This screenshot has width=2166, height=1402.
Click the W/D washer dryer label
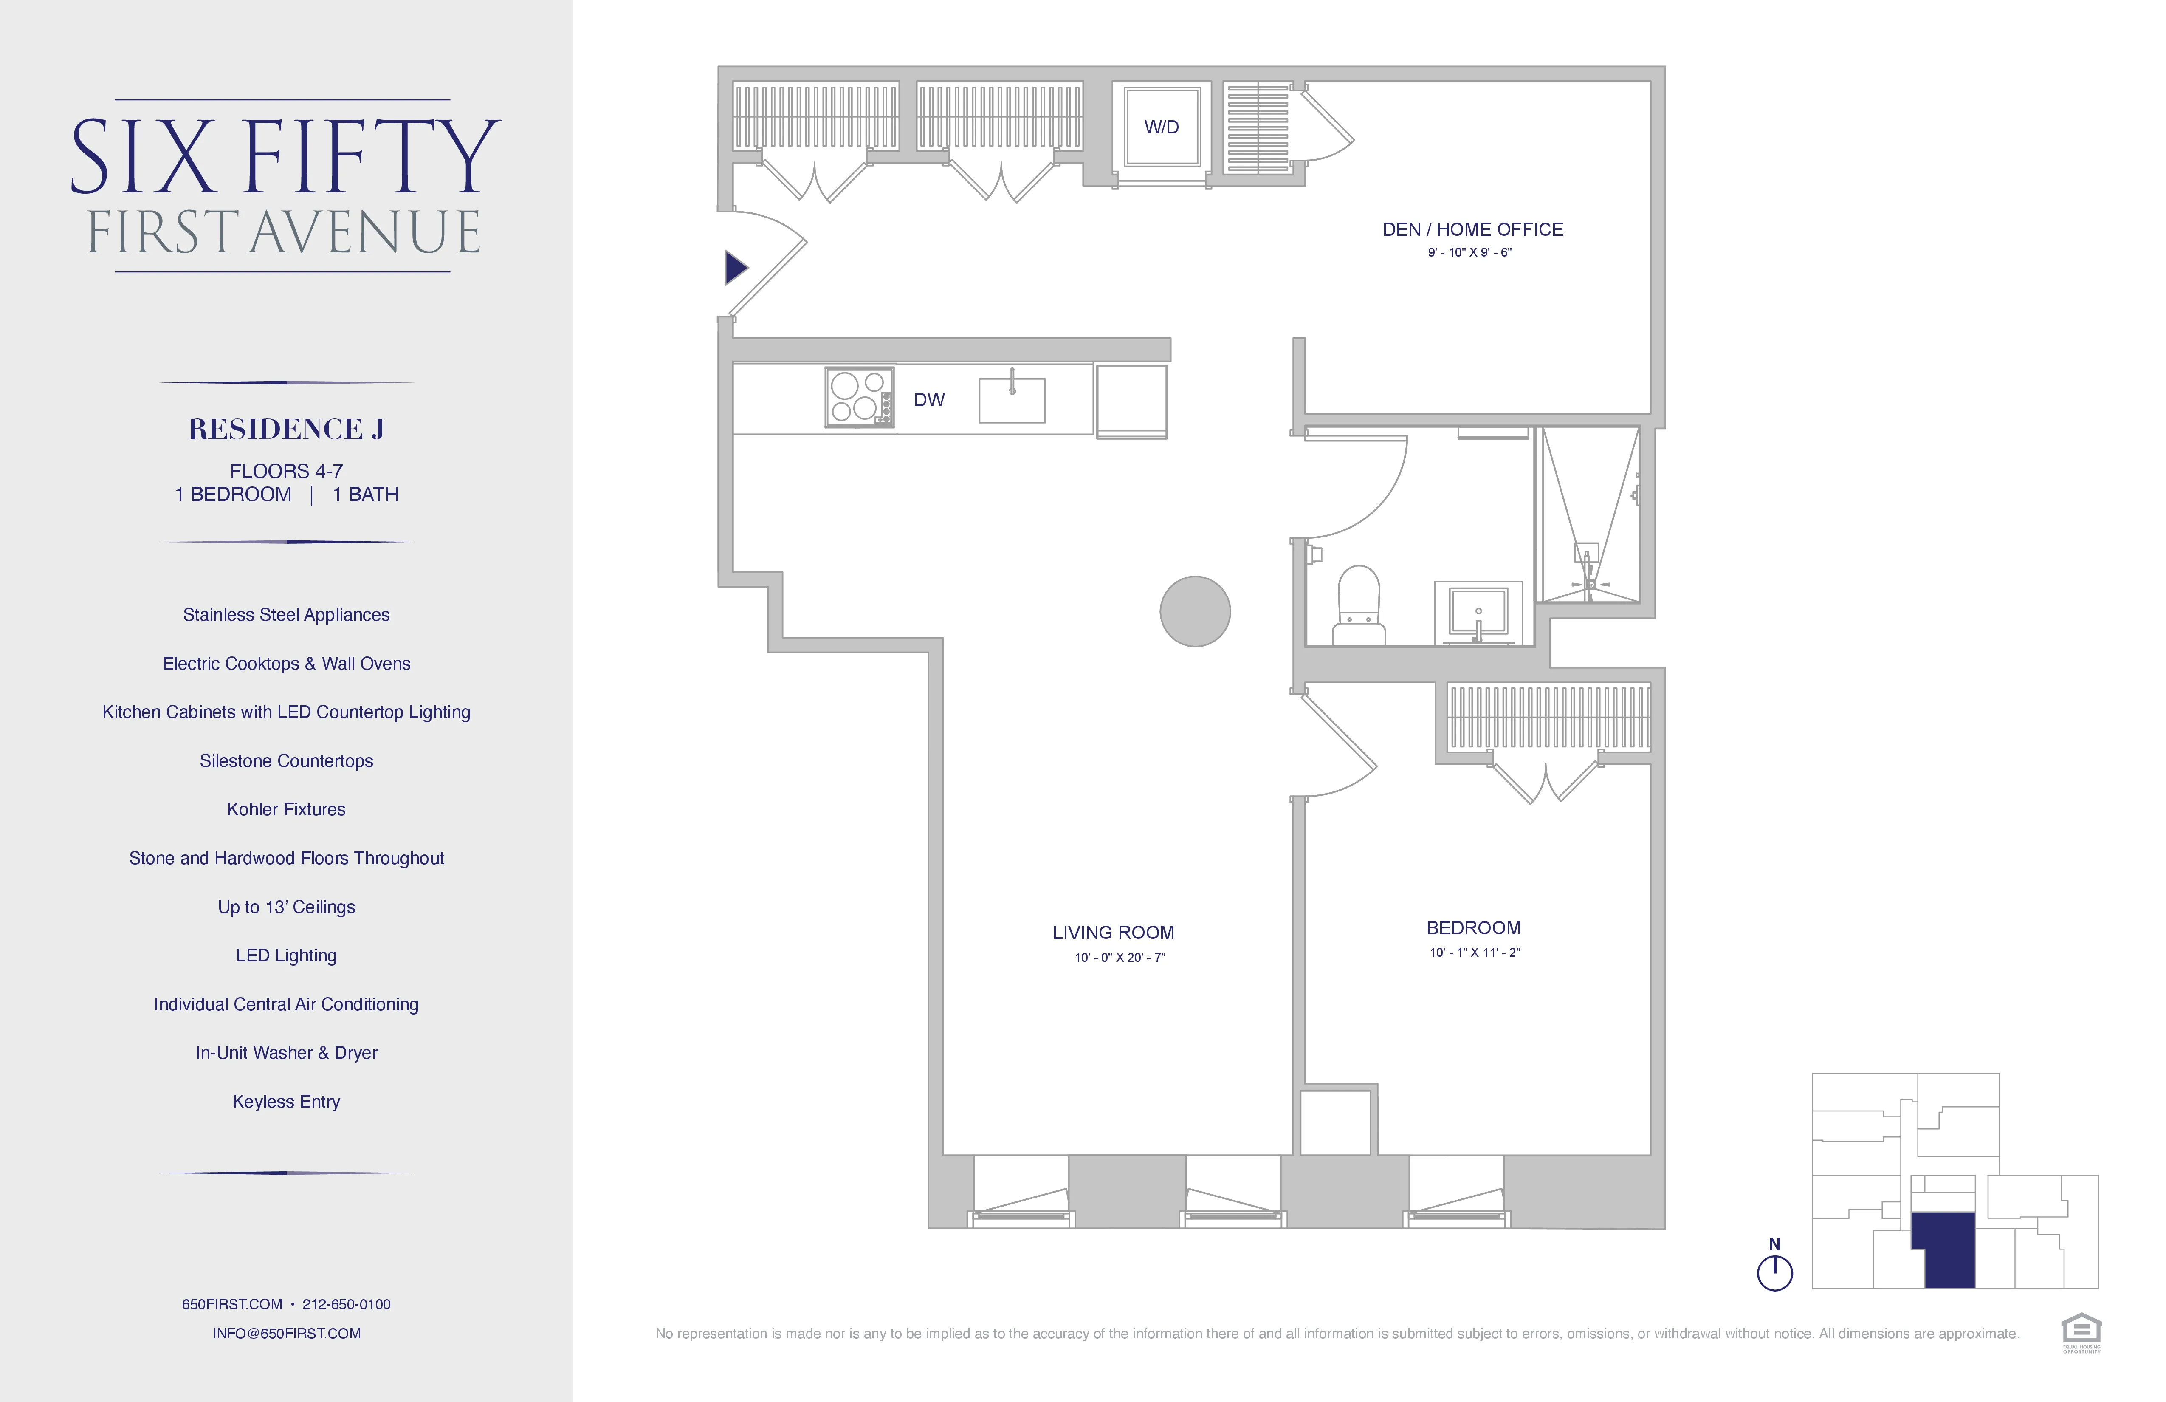[1161, 127]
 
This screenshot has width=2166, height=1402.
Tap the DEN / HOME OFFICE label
[1472, 229]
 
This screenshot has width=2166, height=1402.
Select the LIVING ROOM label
[1113, 932]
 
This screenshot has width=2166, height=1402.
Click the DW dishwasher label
[929, 400]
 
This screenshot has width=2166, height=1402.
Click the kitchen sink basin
[1012, 401]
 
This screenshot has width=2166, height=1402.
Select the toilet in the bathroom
[1359, 605]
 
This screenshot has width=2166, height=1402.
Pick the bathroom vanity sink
[1478, 612]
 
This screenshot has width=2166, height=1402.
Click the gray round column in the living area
[1195, 612]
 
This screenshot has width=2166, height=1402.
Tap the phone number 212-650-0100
[347, 1304]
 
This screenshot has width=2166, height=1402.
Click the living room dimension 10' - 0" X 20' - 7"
[1120, 957]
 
